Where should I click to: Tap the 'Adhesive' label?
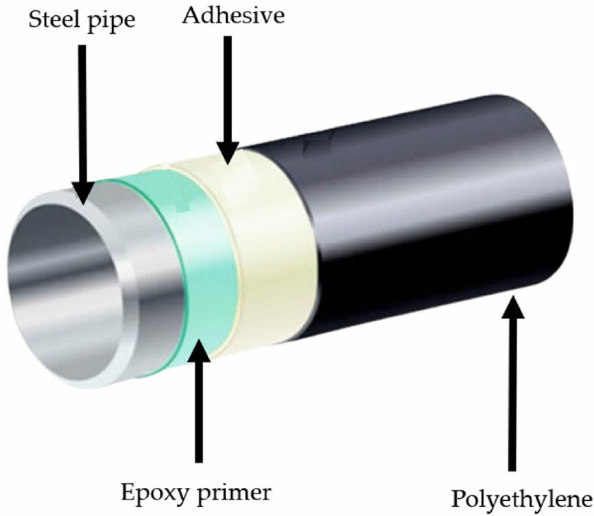click(x=233, y=15)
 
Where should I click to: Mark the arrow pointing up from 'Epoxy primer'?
click(x=199, y=398)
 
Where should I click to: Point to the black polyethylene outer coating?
click(x=425, y=226)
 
